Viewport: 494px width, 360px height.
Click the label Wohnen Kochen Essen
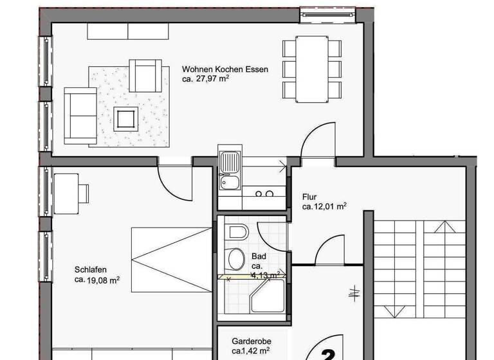224,69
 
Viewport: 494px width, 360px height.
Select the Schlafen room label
90,270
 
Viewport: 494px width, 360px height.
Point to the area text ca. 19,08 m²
97,280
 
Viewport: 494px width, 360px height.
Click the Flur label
309,197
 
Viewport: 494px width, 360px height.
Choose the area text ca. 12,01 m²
324,207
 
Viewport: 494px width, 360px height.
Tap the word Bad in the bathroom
259,256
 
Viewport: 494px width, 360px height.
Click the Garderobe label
252,341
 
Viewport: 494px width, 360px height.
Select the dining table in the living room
312,69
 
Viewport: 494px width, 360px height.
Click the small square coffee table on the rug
125,119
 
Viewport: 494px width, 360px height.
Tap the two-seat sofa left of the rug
80,116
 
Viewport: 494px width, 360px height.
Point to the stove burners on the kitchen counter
264,193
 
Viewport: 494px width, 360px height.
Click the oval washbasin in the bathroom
235,258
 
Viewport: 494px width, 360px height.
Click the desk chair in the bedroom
83,193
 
